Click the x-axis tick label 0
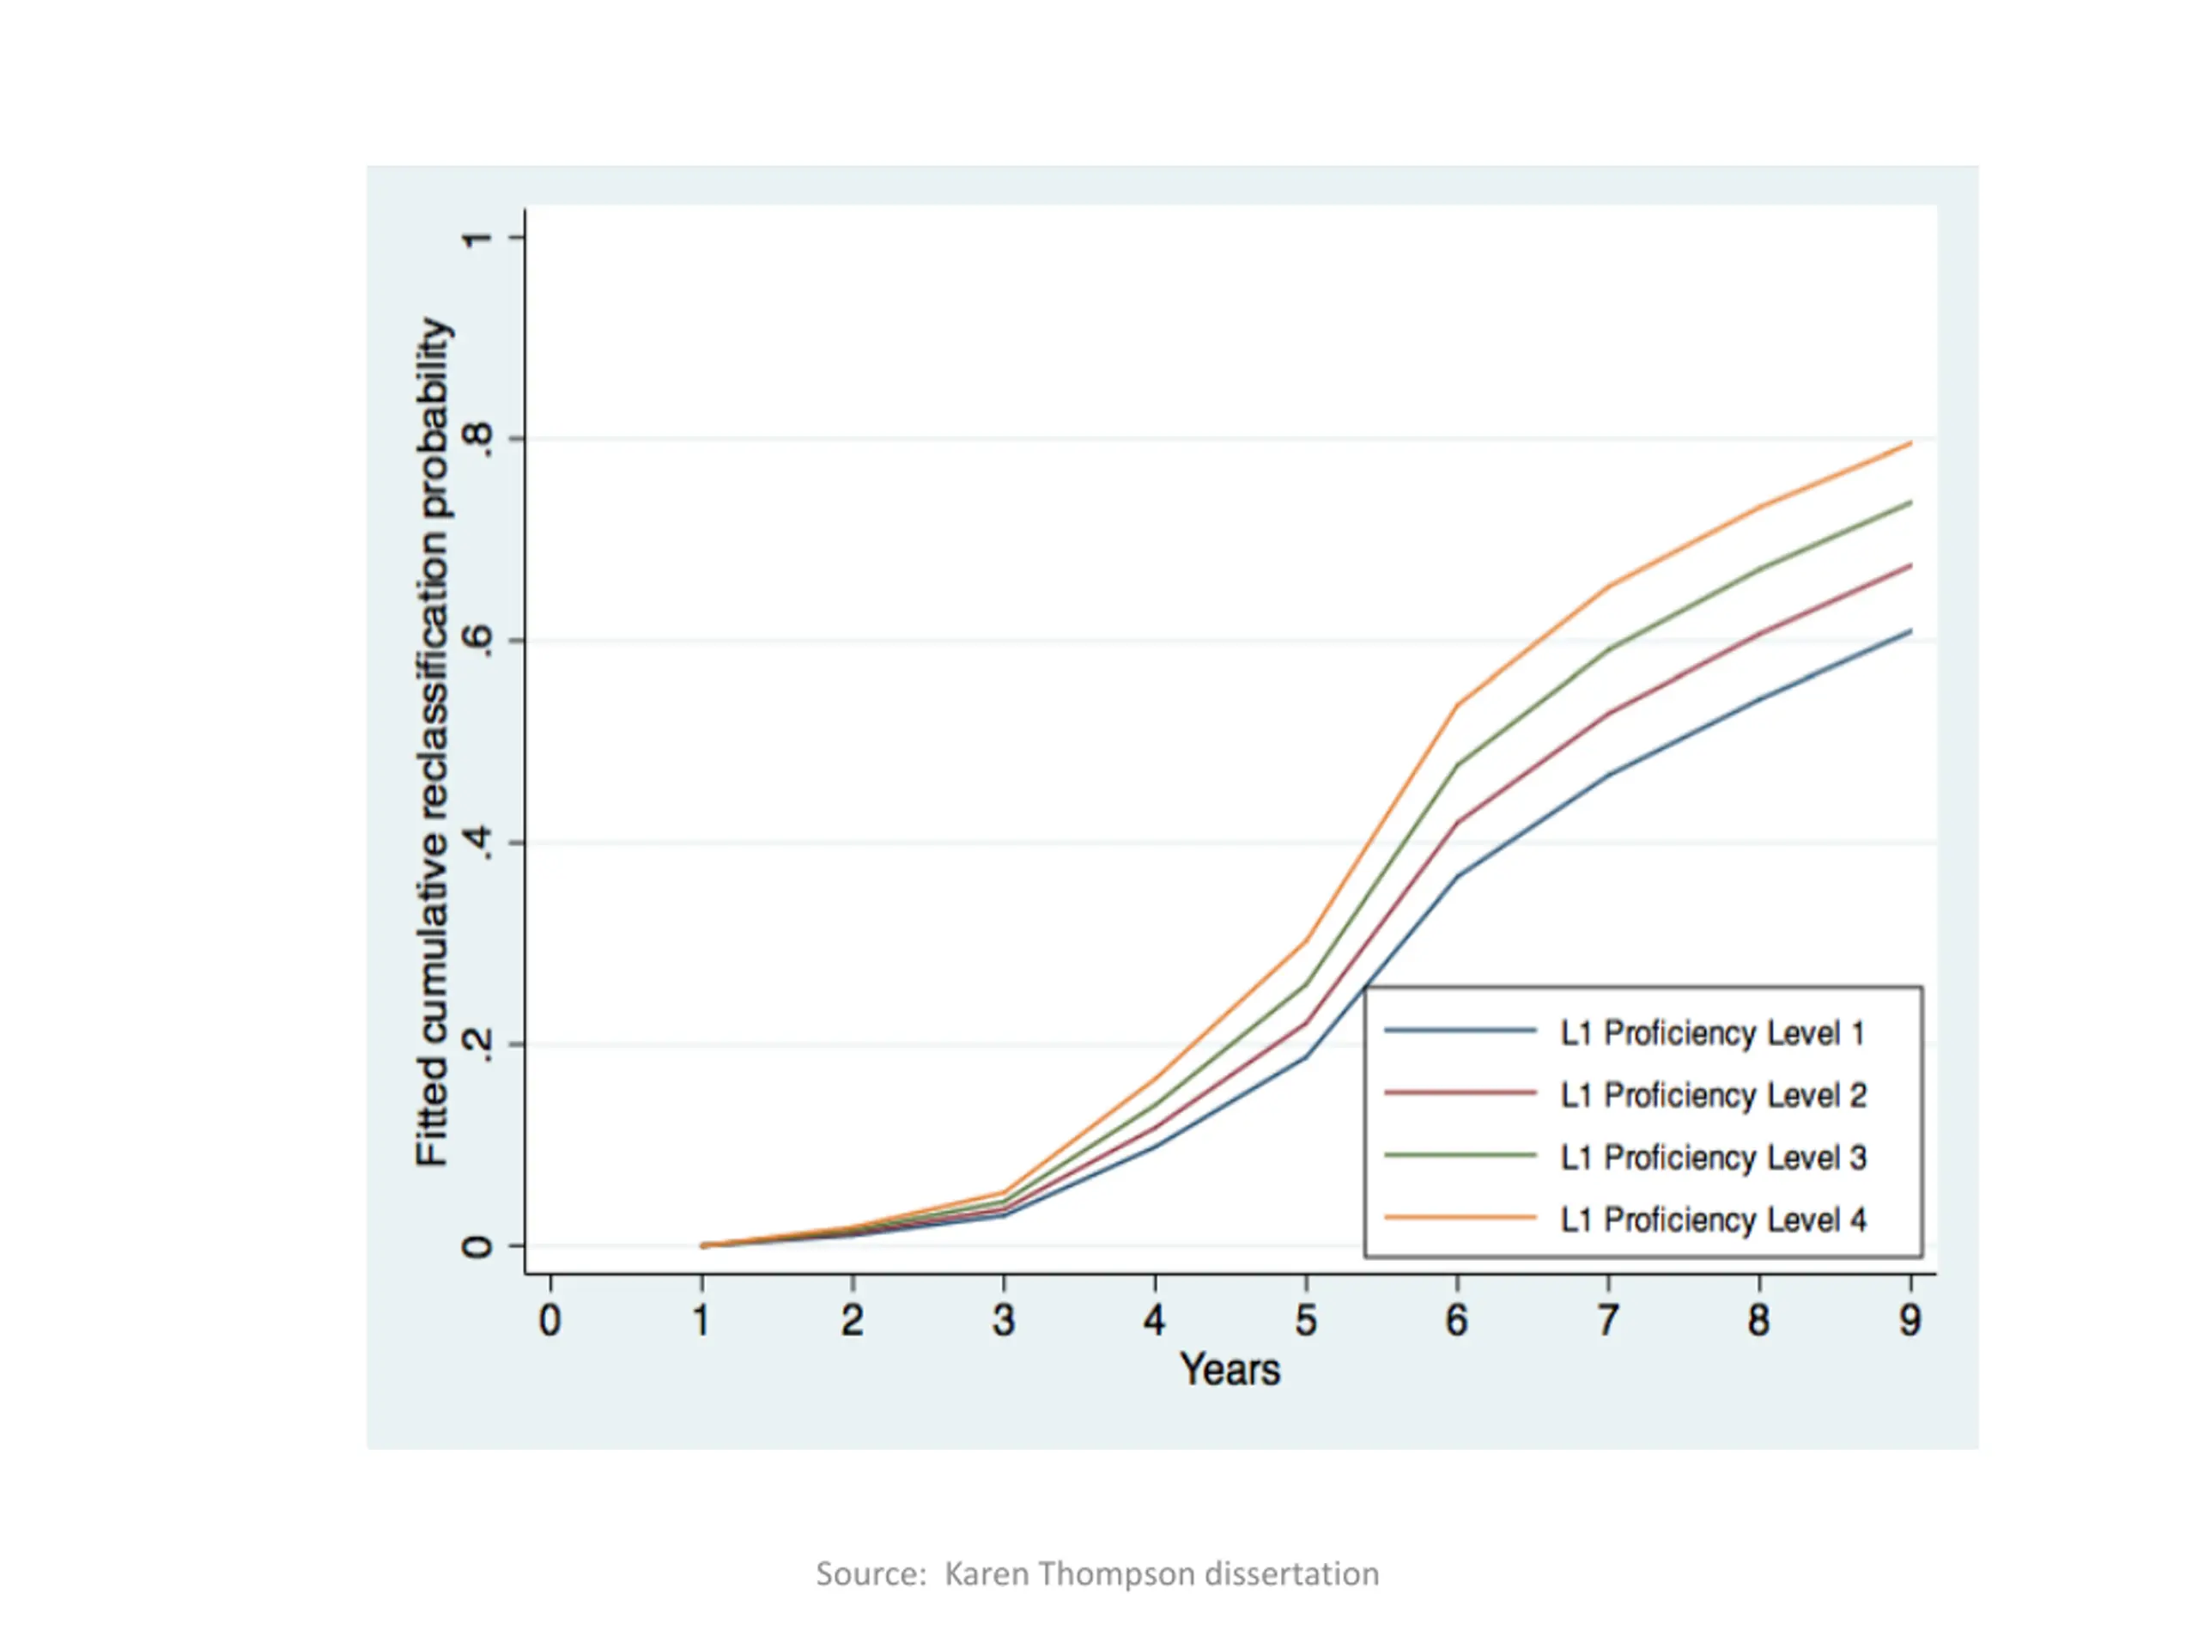click(x=549, y=1320)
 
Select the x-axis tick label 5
click(x=1306, y=1320)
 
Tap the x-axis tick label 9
click(x=1910, y=1320)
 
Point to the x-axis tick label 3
click(x=1004, y=1320)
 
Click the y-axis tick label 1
click(x=478, y=238)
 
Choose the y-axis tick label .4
click(x=478, y=843)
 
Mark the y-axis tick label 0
click(x=478, y=1246)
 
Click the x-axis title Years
click(x=1230, y=1370)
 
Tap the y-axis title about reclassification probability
click(x=434, y=740)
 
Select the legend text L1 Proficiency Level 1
click(x=1713, y=1034)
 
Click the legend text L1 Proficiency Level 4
click(x=1713, y=1220)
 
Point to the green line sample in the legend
click(x=1460, y=1156)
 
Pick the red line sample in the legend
click(x=1460, y=1093)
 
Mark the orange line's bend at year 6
click(x=1457, y=706)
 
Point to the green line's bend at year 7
click(x=1608, y=649)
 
